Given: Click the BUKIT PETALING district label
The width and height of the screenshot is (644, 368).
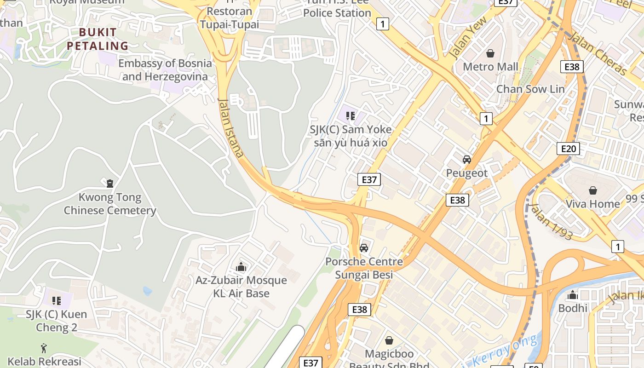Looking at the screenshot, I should (x=98, y=39).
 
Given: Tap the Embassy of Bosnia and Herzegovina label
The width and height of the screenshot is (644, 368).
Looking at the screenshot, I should (x=165, y=70).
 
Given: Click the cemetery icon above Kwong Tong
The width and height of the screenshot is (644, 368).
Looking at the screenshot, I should (x=110, y=184).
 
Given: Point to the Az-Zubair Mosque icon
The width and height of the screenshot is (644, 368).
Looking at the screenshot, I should (x=241, y=267).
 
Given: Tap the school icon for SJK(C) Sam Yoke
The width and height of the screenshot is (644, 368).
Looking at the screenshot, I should (x=351, y=116).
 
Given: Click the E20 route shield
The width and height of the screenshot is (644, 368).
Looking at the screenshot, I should (x=568, y=149).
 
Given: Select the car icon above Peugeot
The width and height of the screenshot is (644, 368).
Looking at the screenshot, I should (x=466, y=160).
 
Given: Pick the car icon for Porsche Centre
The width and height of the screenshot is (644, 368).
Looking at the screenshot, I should (x=363, y=248).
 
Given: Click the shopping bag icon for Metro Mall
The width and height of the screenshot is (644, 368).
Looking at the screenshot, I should (x=490, y=53).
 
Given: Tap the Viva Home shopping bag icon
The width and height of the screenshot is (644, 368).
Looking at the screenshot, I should (x=593, y=190).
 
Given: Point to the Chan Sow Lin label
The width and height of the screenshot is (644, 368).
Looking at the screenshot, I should (x=530, y=89).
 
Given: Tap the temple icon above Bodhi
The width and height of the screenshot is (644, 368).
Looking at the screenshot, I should (x=573, y=295).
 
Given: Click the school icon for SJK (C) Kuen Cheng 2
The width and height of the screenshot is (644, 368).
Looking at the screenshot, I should (x=57, y=301).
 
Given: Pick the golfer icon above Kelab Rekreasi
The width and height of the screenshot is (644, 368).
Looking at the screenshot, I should (x=44, y=348).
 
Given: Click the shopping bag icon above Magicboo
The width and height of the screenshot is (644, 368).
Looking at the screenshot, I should (x=389, y=340).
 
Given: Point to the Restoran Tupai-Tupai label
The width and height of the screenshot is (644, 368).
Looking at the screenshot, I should (x=230, y=17).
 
